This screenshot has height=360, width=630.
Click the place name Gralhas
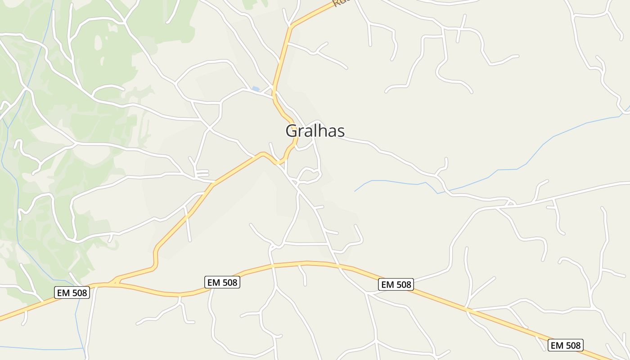coord(315,131)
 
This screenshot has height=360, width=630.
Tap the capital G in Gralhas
coord(291,131)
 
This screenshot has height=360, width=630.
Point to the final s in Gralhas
coord(341,132)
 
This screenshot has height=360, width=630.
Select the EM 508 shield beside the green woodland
coord(72,292)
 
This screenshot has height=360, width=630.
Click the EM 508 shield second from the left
coord(222,282)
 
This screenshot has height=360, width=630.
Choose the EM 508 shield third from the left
coord(396,284)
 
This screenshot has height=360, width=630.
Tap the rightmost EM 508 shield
coord(566,345)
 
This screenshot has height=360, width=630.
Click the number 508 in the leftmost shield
coord(79,292)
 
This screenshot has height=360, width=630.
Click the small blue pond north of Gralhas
coord(256,89)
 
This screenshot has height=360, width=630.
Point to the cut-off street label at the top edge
coord(341,3)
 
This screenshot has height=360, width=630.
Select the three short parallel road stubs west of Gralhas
coord(202,173)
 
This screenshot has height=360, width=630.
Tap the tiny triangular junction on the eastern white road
coord(509,203)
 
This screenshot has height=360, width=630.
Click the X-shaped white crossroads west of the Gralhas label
coord(208,130)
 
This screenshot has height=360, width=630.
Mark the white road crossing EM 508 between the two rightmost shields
coord(468,310)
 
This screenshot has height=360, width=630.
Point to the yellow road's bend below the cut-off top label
coord(291,28)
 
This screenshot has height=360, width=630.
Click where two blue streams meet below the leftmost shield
coord(84,348)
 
